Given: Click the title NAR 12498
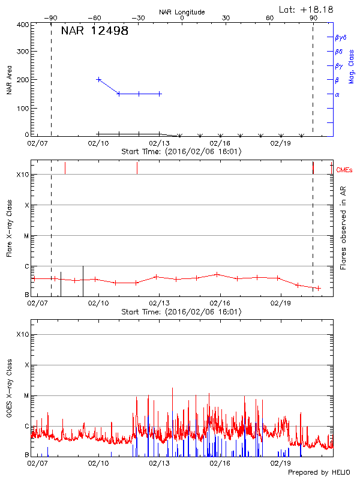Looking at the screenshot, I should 95,31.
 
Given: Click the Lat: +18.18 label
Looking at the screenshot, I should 307,9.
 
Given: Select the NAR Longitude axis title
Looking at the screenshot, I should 182,12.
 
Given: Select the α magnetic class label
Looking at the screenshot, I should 337,94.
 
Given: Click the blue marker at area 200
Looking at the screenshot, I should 99,79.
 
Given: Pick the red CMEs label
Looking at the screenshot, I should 344,171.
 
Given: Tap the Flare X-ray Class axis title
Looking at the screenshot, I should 9,228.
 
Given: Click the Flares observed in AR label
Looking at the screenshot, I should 343,228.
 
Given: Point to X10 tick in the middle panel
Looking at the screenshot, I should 23,175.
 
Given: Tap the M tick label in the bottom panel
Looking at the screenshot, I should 26,395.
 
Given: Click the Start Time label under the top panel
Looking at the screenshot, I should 182,151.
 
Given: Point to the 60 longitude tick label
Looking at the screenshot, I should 270,19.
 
